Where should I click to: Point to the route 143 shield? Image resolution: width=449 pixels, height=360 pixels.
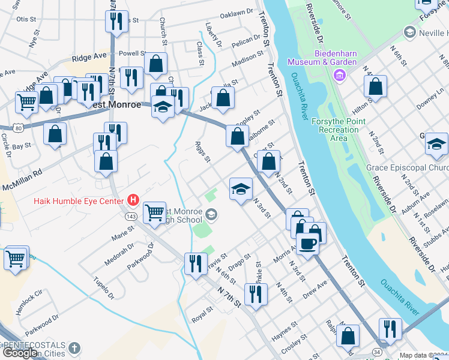pyautogui.click(x=130, y=215)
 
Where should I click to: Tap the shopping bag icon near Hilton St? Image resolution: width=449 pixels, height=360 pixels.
pyautogui.click(x=375, y=86)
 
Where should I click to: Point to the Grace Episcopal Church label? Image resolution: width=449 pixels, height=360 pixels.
pyautogui.click(x=406, y=168)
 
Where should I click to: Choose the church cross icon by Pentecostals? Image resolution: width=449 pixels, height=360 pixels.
pyautogui.click(x=74, y=348)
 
